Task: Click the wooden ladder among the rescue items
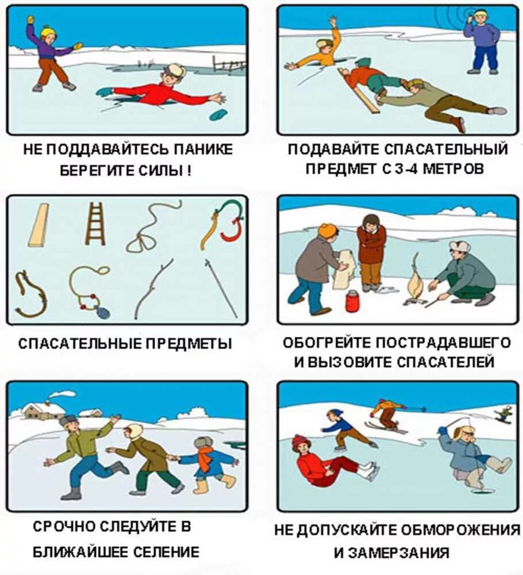coord(95,224)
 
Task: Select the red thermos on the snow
coord(352,301)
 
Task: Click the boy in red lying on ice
coord(164,91)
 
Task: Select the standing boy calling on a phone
coord(482,41)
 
